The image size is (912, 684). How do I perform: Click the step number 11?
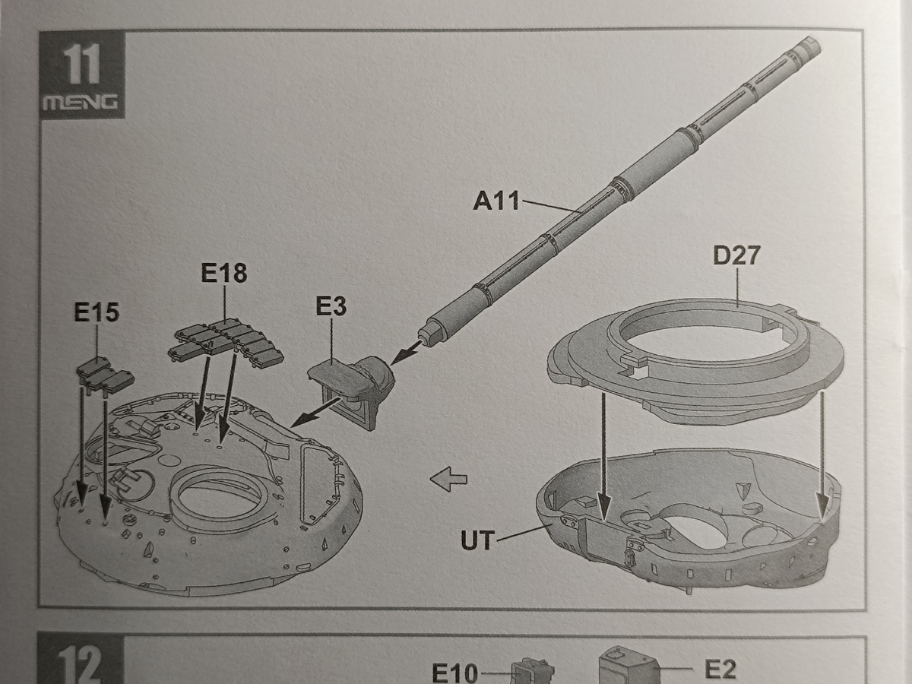click(82, 64)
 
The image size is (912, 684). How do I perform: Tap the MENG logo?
click(81, 102)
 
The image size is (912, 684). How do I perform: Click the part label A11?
click(496, 201)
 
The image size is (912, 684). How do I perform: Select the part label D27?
click(736, 255)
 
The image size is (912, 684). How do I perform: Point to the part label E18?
click(224, 273)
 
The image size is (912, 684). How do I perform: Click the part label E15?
click(97, 312)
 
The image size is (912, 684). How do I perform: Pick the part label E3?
click(331, 306)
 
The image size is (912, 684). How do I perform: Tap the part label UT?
click(478, 540)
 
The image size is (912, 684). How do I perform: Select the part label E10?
click(455, 673)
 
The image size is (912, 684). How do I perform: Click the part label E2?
click(720, 669)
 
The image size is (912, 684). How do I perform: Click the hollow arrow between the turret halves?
click(448, 479)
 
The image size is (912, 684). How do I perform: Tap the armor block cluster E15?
click(105, 374)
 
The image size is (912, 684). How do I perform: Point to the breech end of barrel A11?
click(426, 334)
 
